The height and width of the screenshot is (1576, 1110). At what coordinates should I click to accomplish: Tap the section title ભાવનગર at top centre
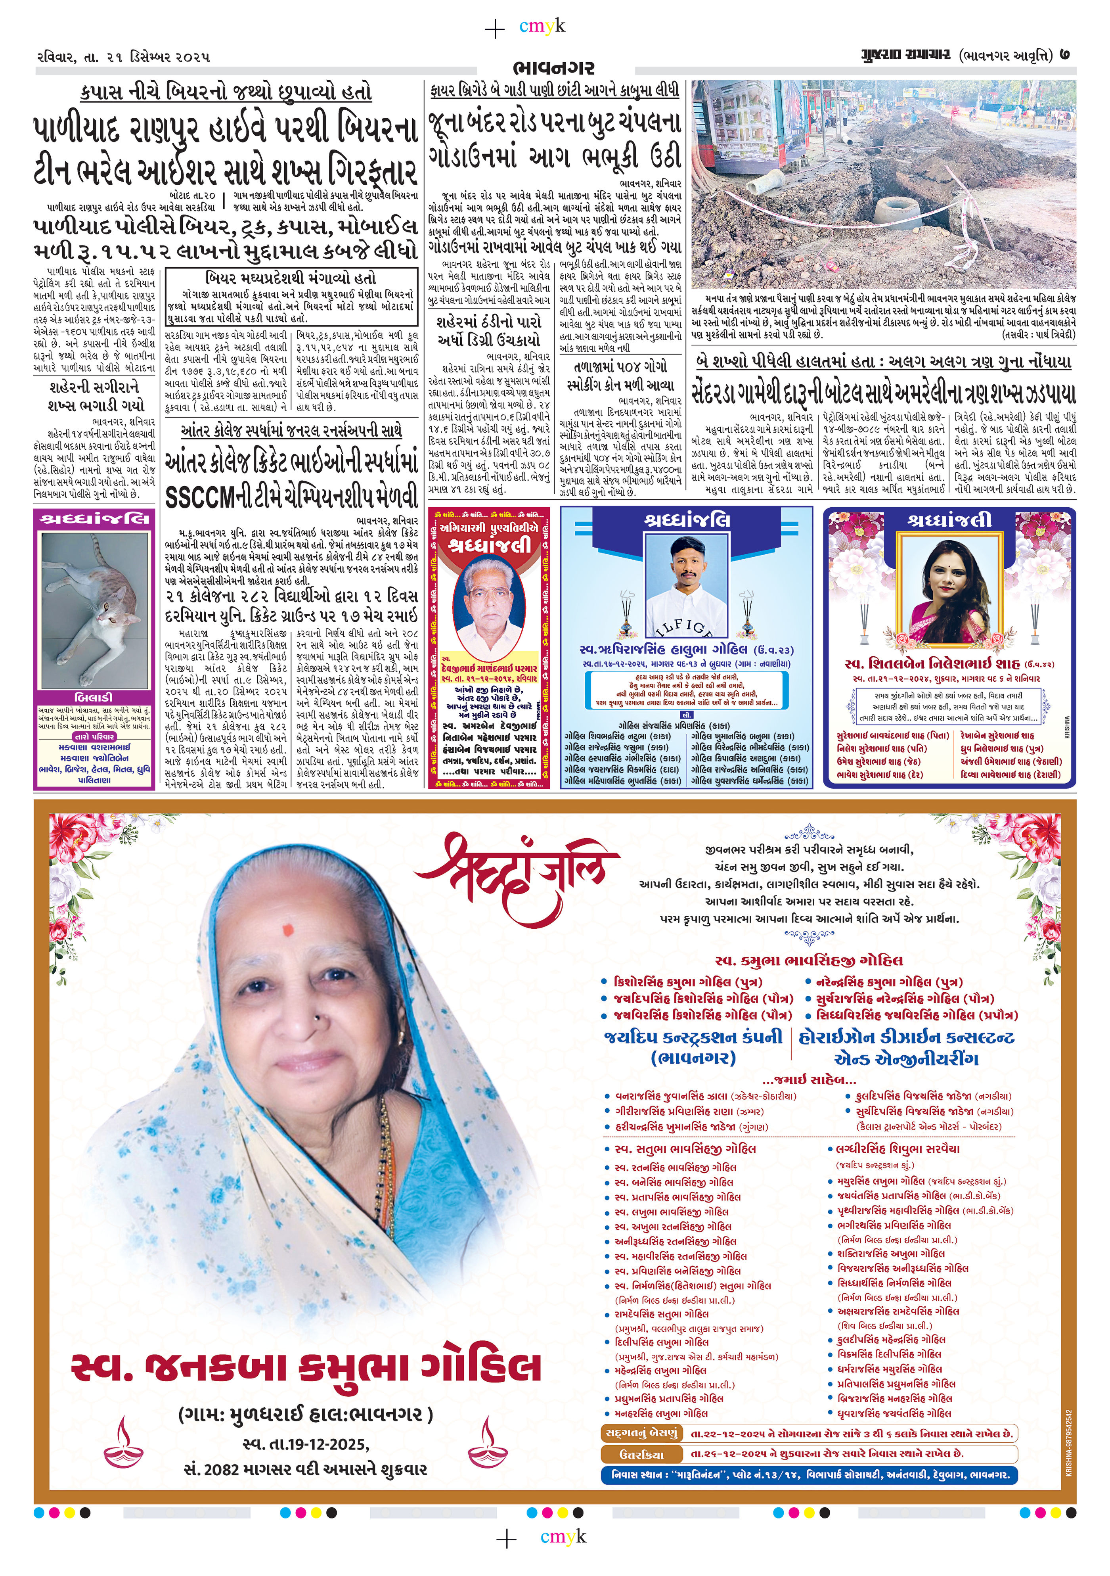click(553, 68)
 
